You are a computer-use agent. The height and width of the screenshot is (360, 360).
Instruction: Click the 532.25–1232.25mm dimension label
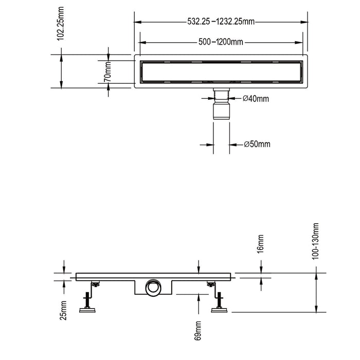[221, 22]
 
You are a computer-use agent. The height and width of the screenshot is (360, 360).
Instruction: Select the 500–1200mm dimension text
[221, 42]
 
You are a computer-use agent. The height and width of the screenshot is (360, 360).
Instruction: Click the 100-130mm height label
[316, 242]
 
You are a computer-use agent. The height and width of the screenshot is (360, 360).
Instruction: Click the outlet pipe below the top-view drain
[222, 105]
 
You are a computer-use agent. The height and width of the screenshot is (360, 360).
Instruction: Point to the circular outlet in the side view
[153, 287]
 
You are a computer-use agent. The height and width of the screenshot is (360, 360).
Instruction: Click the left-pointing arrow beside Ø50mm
[233, 144]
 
